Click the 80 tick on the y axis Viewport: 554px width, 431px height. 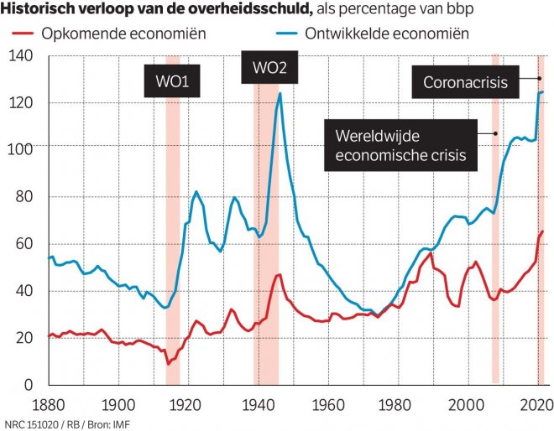23,197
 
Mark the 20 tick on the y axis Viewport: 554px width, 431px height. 23,338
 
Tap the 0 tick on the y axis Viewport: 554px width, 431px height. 27,385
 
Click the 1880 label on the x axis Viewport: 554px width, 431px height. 49,403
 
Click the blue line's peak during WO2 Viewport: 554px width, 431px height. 280,92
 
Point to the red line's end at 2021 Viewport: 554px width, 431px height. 543,231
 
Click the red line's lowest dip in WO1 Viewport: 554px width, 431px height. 169,364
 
